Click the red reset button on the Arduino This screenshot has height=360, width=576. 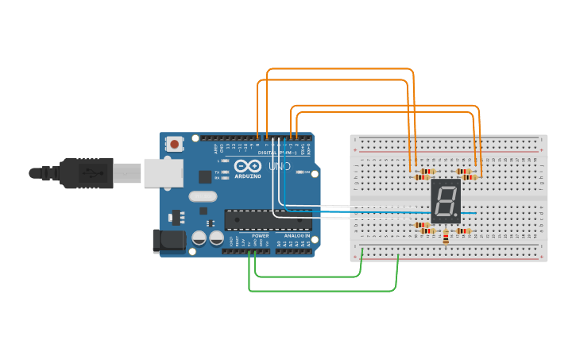coord(174,144)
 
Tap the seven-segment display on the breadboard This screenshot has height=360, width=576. coord(445,201)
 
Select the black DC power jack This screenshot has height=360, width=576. coord(167,242)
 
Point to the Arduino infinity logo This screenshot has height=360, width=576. coord(246,167)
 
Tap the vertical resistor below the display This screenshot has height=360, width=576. coord(446,236)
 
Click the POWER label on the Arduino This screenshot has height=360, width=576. coord(260,236)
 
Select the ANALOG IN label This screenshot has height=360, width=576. coord(296,236)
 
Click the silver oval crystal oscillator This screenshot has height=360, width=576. coord(203,196)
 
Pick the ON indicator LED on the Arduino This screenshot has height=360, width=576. coord(299,172)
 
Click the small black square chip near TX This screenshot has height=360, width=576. coord(205,176)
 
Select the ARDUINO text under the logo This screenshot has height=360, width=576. coord(247,176)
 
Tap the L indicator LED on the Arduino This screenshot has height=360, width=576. coord(226,161)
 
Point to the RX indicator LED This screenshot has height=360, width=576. coord(226,177)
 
